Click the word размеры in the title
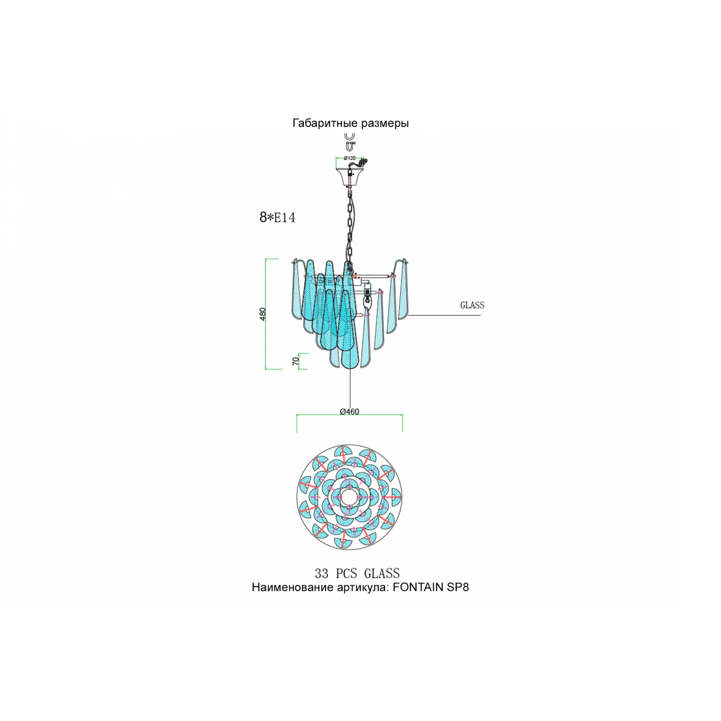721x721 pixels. click(x=385, y=124)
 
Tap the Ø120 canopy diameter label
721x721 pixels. click(x=349, y=158)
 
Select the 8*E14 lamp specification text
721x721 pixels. click(x=277, y=217)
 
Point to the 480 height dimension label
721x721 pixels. click(x=262, y=314)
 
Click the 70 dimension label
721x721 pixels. click(x=296, y=361)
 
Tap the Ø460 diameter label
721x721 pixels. click(x=349, y=411)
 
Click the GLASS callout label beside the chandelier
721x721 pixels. click(x=472, y=305)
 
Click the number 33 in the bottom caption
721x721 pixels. click(x=322, y=573)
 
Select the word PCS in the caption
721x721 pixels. click(x=346, y=573)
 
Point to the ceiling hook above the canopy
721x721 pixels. click(x=350, y=140)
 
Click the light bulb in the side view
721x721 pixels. click(x=369, y=301)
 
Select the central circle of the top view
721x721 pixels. click(x=349, y=497)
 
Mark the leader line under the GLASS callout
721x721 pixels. click(x=445, y=315)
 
